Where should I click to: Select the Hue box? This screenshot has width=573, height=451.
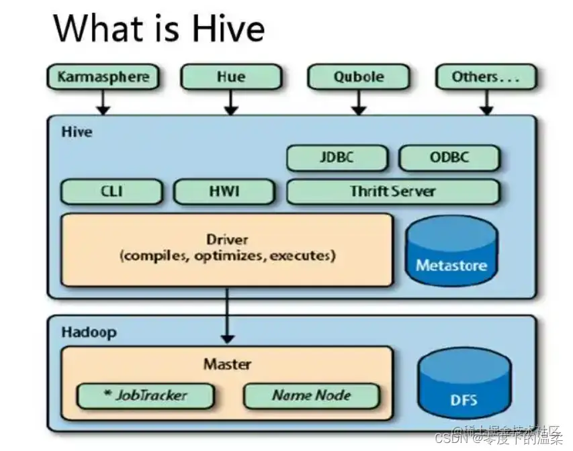pos(230,77)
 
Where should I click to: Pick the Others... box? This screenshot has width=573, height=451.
pos(486,77)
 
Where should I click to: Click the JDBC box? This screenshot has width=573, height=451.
pos(337,158)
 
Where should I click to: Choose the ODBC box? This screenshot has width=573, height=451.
pos(449,158)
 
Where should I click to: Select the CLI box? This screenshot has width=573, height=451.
pos(112,191)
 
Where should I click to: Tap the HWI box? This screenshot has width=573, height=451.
pos(224,191)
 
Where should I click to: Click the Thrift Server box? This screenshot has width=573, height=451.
pos(393,191)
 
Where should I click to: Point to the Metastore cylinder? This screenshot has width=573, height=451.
pos(451,252)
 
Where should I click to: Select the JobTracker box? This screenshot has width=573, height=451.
pos(145,395)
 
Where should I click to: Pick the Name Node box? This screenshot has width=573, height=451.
pos(311,395)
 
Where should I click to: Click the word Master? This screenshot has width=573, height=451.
pos(227,364)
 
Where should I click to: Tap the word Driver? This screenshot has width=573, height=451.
pos(227,240)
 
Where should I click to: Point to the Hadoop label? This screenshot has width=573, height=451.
pos(89,332)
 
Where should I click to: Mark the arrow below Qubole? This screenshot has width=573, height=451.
pos(358,101)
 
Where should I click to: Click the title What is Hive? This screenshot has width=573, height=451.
pos(159,28)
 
